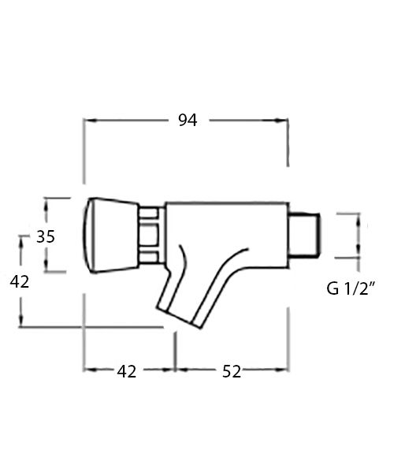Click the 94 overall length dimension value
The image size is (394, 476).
coord(187,120)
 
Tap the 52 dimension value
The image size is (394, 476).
coord(231,371)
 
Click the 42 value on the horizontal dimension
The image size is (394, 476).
coord(127,371)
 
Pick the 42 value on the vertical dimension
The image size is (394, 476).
coord(19,281)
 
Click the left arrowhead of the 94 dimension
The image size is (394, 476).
coord(88,121)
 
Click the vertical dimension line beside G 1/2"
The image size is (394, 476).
coord(361,235)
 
